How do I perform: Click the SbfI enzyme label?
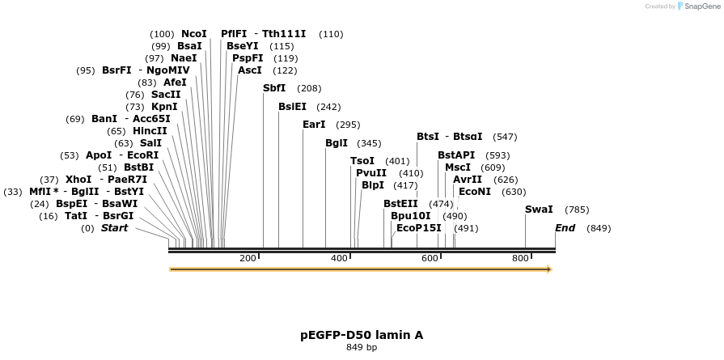coord(274,88)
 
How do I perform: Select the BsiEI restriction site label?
coord(292,107)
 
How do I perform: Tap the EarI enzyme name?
coord(314,125)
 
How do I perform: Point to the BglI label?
coord(337,143)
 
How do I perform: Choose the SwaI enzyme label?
coord(539,210)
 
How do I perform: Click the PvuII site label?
coord(371,173)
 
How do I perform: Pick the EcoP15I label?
coord(419,228)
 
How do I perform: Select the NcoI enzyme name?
coord(194,34)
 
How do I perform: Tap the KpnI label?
coord(164,107)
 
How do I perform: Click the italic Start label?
coord(114,228)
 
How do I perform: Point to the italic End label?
coord(565,228)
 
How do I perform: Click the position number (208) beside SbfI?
coord(309,88)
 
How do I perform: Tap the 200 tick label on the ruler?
coord(248,258)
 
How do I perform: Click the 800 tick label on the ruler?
coord(520,258)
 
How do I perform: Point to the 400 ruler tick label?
coord(338,258)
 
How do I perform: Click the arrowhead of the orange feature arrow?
coord(549,269)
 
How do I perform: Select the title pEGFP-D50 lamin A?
coord(362,335)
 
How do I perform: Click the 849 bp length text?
coord(362,348)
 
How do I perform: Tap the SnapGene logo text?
coord(698,6)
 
